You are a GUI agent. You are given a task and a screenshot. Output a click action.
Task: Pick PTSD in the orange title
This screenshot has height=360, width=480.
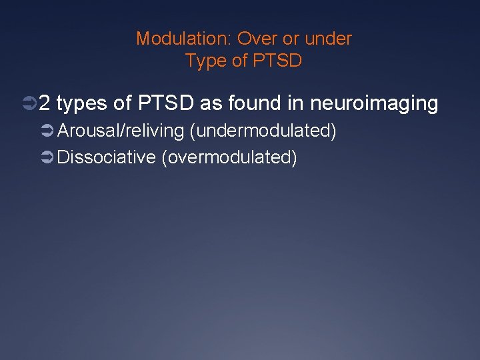coord(277,61)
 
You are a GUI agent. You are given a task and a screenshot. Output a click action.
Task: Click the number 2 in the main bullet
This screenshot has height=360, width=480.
coord(45,103)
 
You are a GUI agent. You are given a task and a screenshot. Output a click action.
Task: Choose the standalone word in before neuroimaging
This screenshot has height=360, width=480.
coord(297,103)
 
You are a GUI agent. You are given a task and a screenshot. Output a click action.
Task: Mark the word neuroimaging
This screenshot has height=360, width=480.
coord(375,103)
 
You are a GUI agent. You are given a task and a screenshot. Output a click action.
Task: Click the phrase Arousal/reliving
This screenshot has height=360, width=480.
coord(121,131)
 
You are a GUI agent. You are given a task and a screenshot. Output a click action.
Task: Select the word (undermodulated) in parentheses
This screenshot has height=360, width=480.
coord(263,131)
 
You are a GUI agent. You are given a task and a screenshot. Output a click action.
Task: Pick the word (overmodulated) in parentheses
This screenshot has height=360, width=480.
coord(229,157)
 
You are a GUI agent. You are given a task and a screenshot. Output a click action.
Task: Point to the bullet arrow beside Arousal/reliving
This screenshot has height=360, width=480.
coord(49,131)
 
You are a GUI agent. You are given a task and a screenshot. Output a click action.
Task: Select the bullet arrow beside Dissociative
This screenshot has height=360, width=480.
coord(49,158)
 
